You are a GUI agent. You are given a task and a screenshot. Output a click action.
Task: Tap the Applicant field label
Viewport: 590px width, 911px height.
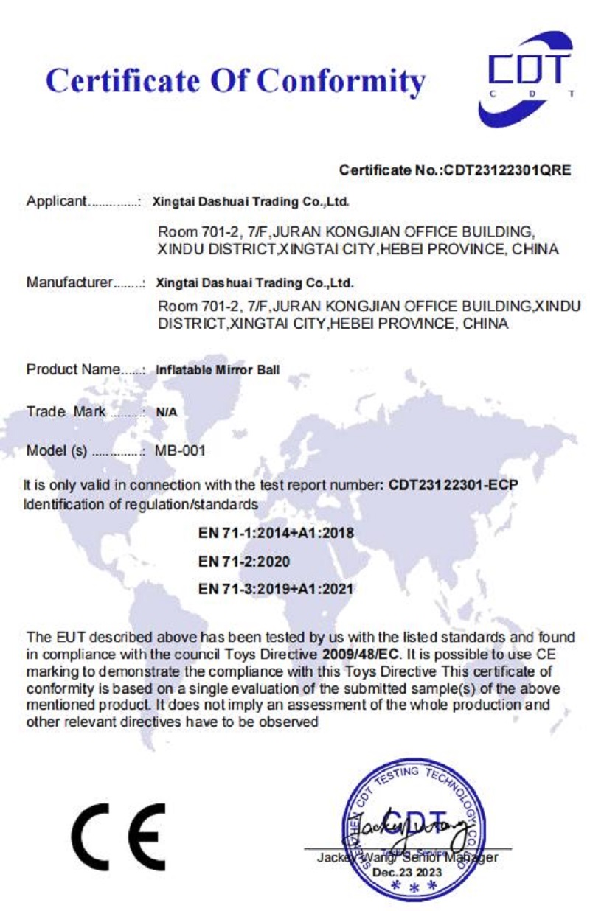tap(58, 200)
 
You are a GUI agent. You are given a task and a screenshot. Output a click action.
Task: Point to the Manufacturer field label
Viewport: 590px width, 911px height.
tap(69, 282)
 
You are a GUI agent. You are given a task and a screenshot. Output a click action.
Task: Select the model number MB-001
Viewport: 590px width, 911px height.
tap(180, 452)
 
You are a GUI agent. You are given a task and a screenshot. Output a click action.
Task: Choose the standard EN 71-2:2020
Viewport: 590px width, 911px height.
tap(243, 561)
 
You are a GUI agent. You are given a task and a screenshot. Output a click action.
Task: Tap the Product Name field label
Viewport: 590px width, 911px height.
tap(73, 369)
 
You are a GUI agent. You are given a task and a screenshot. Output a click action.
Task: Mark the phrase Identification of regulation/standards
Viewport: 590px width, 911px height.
tap(141, 505)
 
